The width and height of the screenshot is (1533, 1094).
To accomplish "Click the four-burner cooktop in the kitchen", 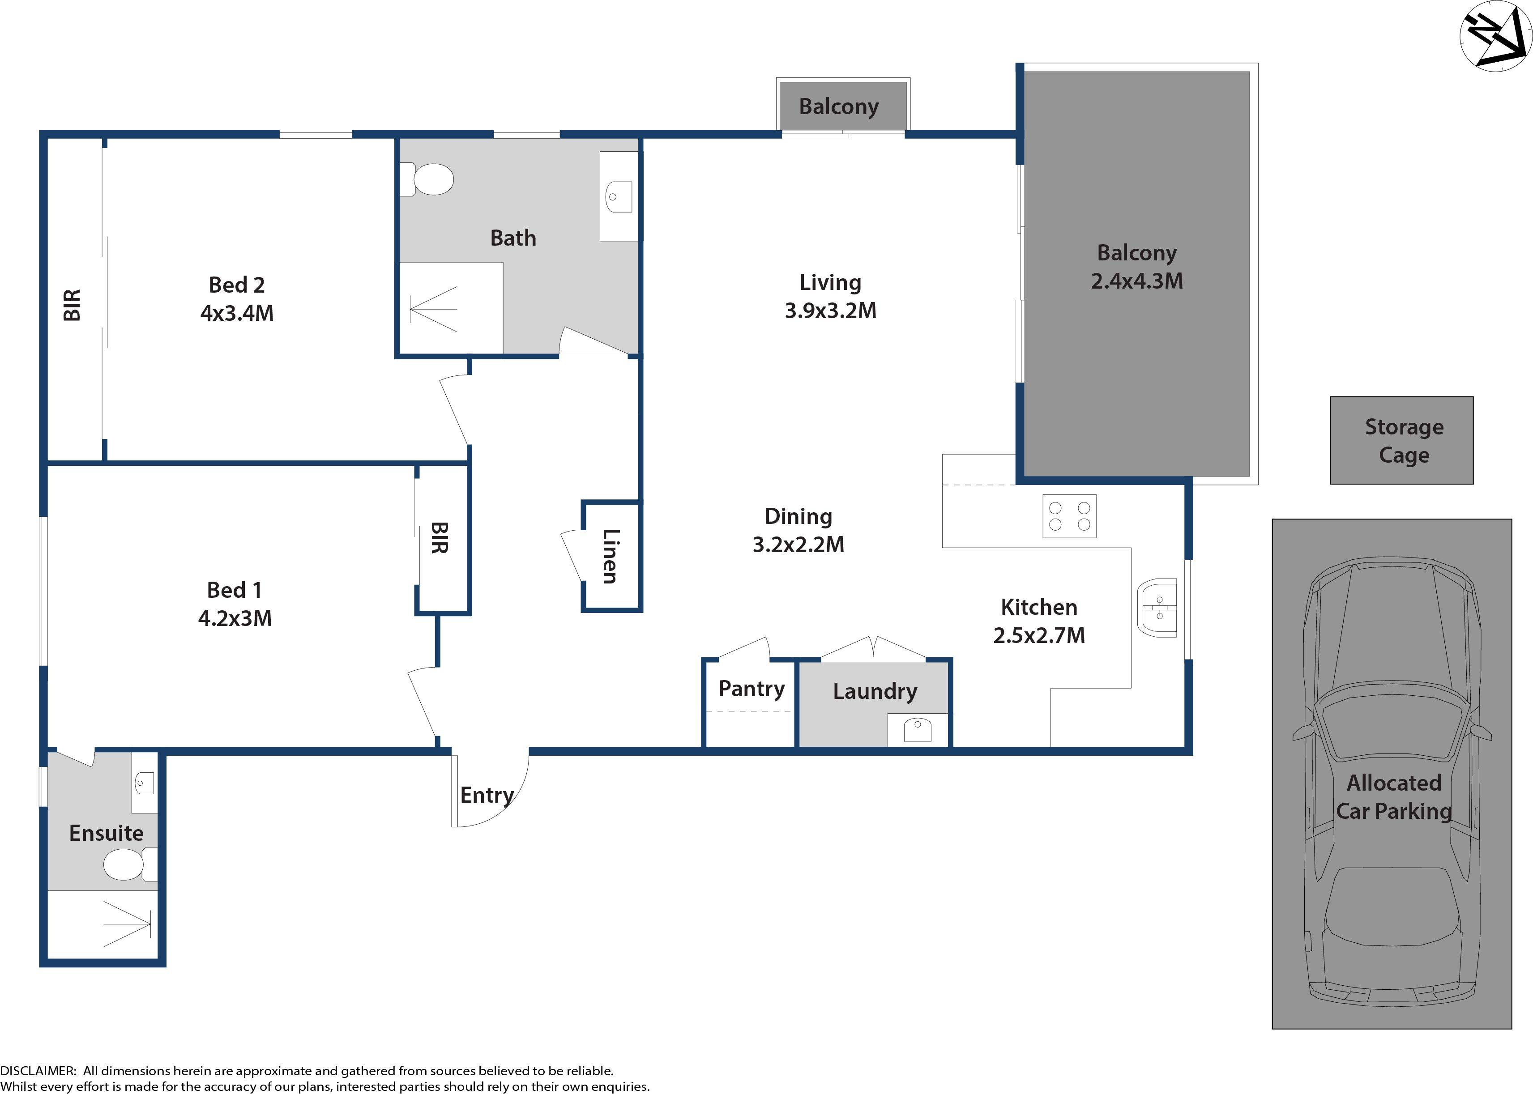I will point(1069,516).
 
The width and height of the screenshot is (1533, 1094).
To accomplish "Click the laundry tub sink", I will point(917,730).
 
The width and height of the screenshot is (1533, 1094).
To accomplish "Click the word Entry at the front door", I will point(487,795).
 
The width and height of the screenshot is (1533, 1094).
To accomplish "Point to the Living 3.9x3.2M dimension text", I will point(830,311).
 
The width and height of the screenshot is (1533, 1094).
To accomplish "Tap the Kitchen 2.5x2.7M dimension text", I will point(1038,635).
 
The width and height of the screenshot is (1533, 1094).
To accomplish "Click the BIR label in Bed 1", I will point(439,537).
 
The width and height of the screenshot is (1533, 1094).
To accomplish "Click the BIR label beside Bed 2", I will point(72,305).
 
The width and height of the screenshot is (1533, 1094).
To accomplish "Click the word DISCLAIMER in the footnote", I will point(38,1070).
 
